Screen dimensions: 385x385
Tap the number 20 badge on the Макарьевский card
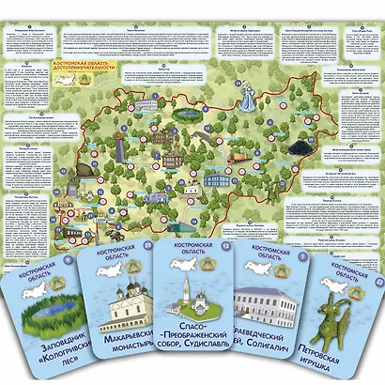[148, 247]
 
